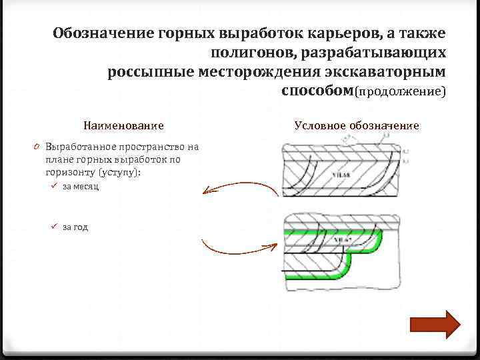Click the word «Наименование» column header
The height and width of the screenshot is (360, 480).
point(123,125)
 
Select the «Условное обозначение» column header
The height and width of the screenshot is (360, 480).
point(357,125)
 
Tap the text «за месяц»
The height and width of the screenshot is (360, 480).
point(81,187)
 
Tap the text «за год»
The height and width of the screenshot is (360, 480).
point(75,227)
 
